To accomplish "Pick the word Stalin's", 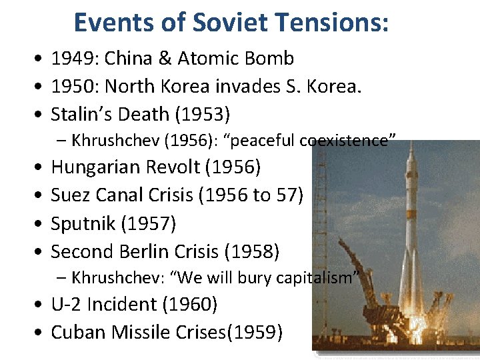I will pyautogui.click(x=79, y=115).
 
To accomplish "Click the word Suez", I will pyautogui.click(x=71, y=195).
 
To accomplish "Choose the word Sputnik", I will pyautogui.click(x=83, y=223).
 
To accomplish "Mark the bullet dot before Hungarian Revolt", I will pyautogui.click(x=37, y=167).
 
